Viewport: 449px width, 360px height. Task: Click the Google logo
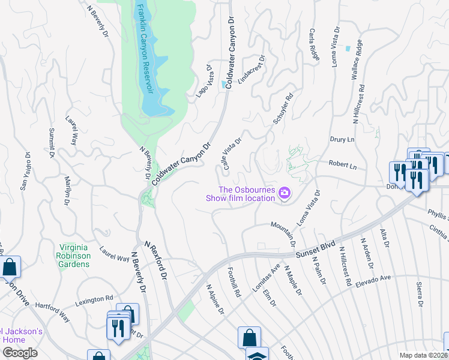click(x=20, y=353)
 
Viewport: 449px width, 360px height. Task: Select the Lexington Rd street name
click(x=94, y=298)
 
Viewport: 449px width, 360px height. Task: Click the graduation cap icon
click(x=256, y=355)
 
